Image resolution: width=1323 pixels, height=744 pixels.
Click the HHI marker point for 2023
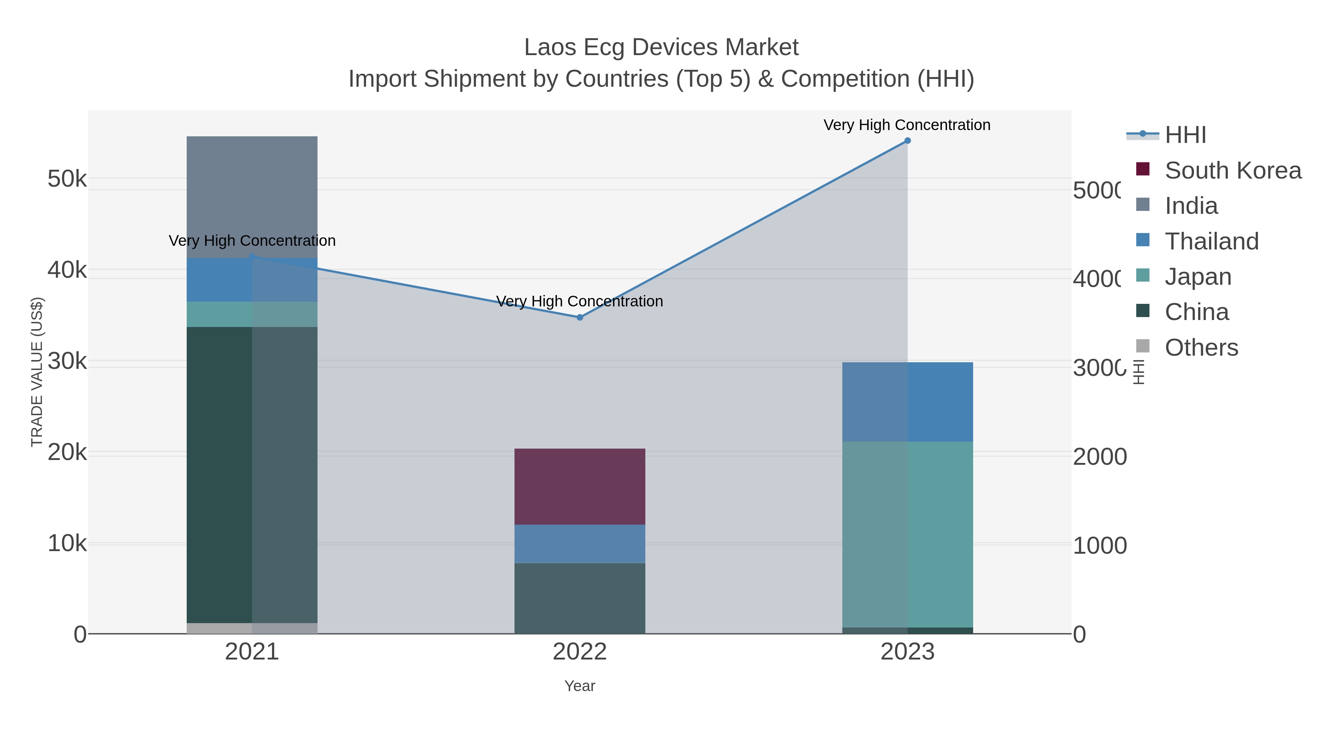pos(907,141)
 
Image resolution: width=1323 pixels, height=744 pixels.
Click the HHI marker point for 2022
pos(580,317)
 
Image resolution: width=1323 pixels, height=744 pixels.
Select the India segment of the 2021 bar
pos(252,197)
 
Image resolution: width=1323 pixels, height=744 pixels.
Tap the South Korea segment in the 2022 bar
pos(580,487)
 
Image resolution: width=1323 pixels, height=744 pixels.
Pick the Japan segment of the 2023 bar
pos(907,534)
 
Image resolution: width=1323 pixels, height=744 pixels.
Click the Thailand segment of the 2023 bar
pos(907,402)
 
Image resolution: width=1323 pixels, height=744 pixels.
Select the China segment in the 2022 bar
pos(580,598)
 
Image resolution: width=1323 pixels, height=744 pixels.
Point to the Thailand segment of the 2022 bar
pos(580,544)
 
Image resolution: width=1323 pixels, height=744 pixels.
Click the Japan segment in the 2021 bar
pos(252,314)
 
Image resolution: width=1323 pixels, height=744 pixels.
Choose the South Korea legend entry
pos(1233,170)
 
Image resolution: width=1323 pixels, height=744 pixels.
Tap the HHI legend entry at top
pos(1185,135)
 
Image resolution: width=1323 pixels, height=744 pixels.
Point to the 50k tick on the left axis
pos(67,179)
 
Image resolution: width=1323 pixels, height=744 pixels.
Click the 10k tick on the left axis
pos(67,543)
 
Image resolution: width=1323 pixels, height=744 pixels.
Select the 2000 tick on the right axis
pos(1099,456)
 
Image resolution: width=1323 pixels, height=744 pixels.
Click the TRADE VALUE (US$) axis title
pos(37,372)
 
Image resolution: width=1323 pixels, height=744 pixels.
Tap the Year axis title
pos(580,686)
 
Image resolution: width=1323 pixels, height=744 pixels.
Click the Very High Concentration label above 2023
pos(907,125)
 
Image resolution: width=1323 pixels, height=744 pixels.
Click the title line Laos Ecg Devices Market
pos(661,47)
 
